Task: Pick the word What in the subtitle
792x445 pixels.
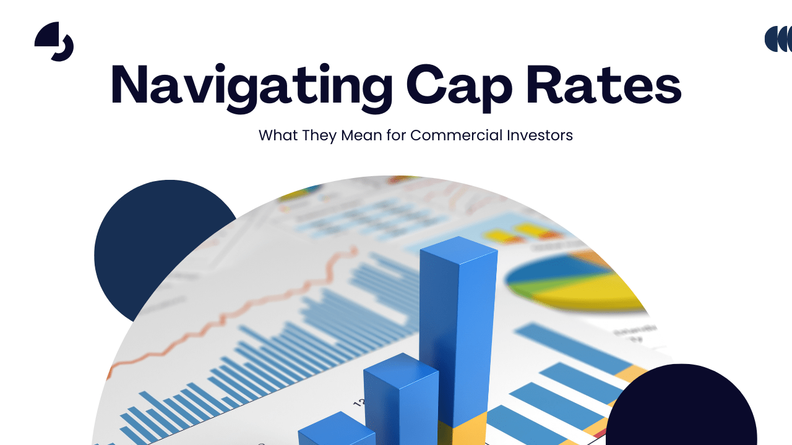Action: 278,135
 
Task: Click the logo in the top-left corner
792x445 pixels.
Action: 54,41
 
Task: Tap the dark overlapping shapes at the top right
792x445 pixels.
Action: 779,39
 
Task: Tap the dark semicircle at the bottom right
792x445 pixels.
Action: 681,408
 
